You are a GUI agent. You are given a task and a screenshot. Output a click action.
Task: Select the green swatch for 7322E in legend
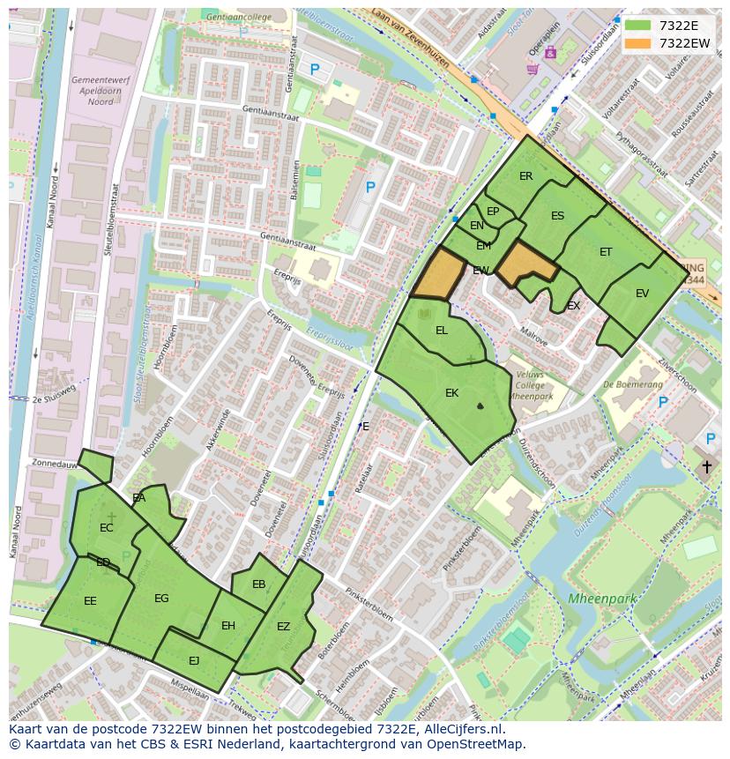[x=638, y=26]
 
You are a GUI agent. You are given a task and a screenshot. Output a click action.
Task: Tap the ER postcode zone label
[x=525, y=176]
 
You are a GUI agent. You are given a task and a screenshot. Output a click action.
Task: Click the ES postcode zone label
[x=557, y=216]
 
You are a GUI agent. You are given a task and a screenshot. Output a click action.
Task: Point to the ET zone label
[x=606, y=252]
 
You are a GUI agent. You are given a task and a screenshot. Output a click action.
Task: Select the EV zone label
[x=642, y=294]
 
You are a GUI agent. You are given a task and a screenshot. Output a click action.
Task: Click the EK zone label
[x=451, y=393]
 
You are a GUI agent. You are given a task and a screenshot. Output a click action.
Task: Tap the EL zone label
[x=442, y=331]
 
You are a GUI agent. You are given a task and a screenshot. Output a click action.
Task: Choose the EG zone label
[x=161, y=599]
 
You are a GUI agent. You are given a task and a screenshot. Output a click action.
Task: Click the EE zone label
[x=90, y=601]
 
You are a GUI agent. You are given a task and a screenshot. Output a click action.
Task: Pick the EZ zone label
[x=283, y=627]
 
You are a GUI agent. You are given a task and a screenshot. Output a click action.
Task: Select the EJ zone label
[x=194, y=660]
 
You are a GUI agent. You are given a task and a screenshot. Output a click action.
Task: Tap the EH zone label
[x=228, y=626]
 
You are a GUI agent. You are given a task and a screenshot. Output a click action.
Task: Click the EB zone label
[x=258, y=584]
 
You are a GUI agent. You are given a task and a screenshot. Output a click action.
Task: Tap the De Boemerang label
[x=632, y=384]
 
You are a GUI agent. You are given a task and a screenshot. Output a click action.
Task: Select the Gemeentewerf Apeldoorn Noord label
[x=92, y=90]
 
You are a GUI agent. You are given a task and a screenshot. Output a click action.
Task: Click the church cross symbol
[x=706, y=466]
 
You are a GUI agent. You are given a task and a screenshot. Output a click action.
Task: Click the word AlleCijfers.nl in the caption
[x=462, y=730]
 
